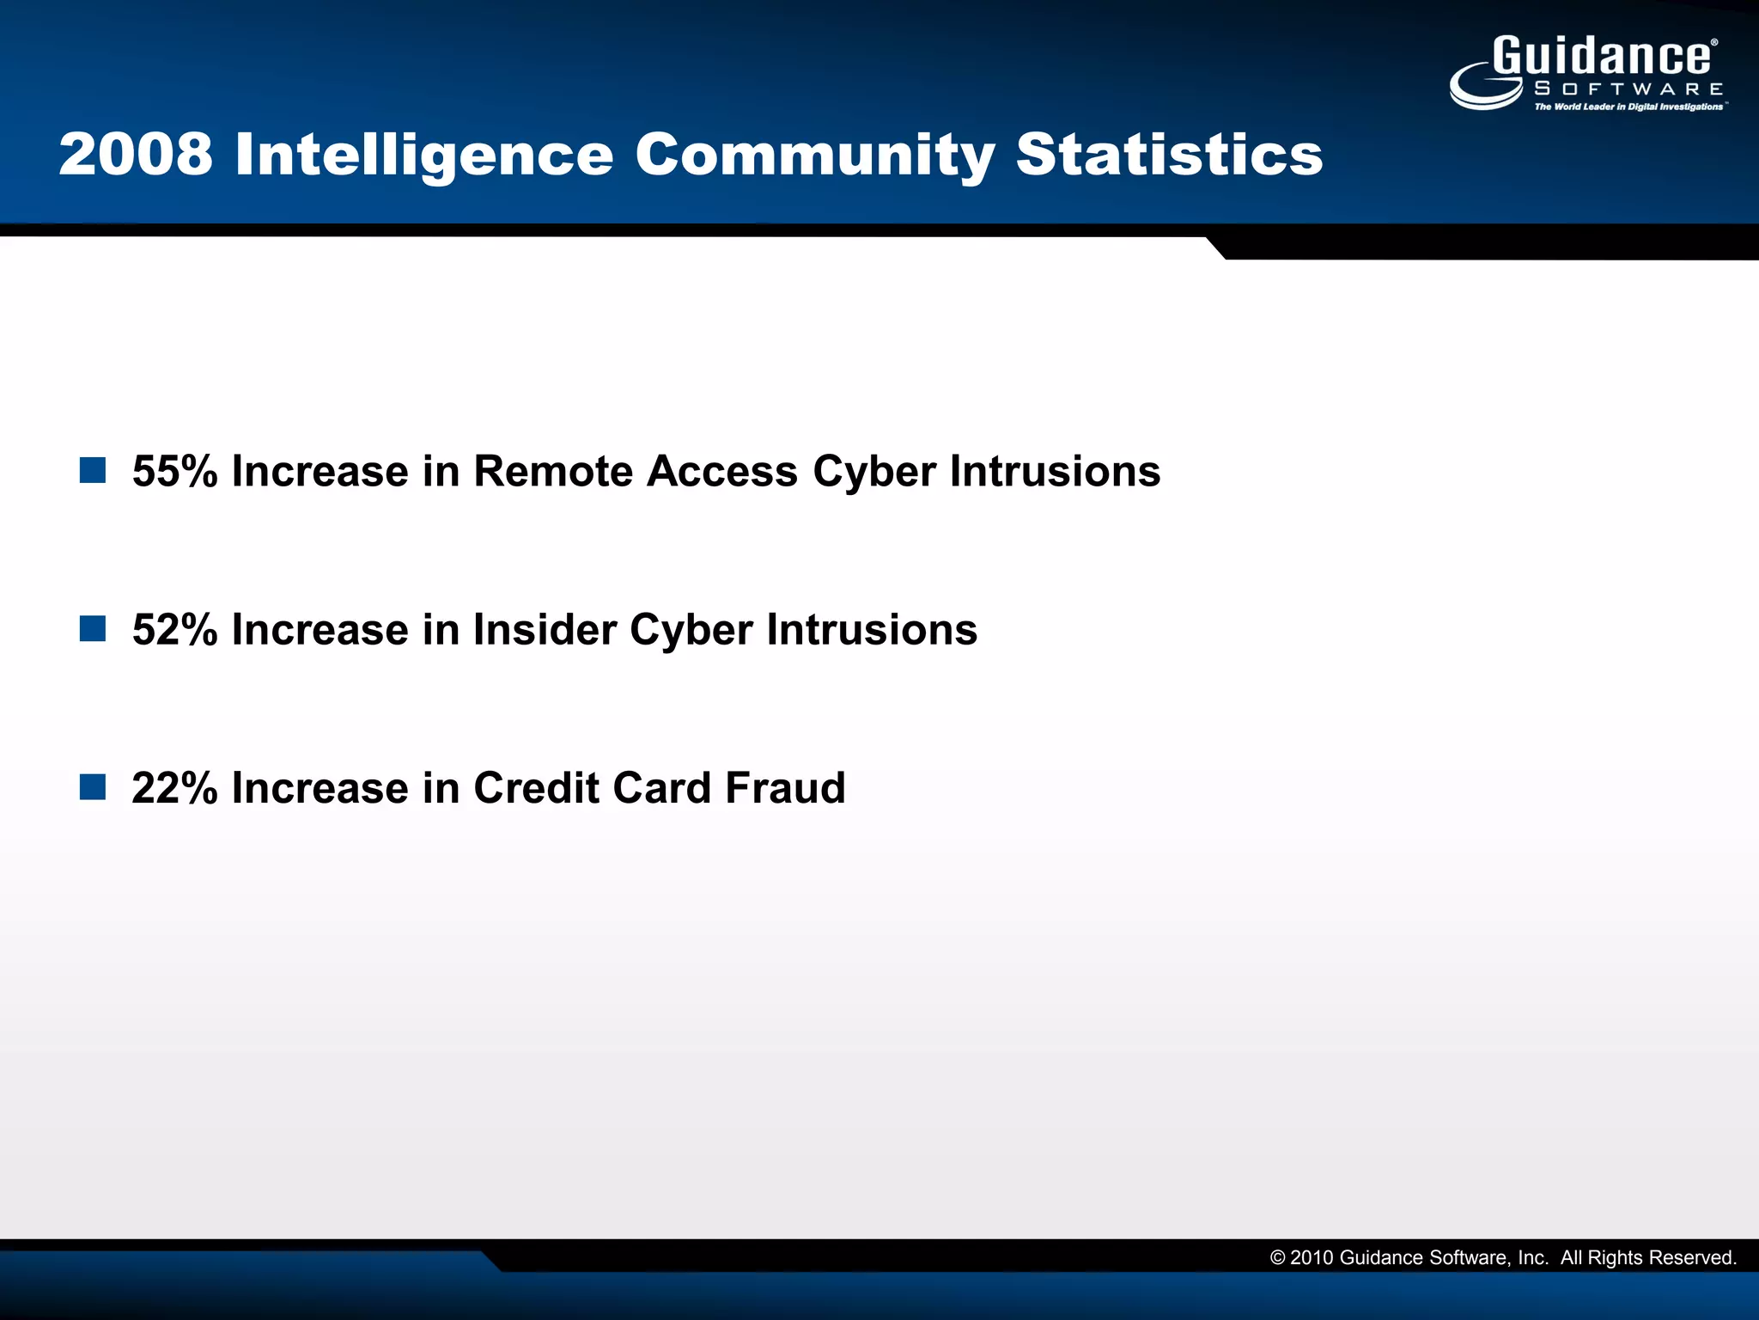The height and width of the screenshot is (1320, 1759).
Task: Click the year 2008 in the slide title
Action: tap(136, 155)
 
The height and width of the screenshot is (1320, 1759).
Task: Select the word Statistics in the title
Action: tap(1169, 155)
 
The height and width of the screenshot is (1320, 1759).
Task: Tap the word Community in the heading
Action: tap(814, 156)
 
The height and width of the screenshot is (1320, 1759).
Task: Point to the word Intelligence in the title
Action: tap(423, 156)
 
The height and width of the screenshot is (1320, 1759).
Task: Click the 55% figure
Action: tap(174, 471)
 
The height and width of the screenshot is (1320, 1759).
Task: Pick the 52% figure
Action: tap(174, 629)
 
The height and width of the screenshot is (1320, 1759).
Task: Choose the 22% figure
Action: tap(174, 787)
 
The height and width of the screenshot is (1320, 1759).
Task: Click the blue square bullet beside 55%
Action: tap(93, 470)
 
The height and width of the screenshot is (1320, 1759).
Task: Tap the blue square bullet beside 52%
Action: tap(93, 628)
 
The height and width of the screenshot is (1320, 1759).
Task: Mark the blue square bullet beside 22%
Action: tap(93, 786)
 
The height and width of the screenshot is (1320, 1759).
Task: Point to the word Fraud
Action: tap(785, 787)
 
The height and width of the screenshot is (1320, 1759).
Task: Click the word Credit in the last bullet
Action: tap(535, 787)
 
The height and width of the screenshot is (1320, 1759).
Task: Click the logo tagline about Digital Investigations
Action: tap(1628, 107)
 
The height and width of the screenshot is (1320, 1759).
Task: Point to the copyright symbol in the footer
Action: tap(1277, 1258)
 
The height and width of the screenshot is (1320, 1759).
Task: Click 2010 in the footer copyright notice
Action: tap(1312, 1258)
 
